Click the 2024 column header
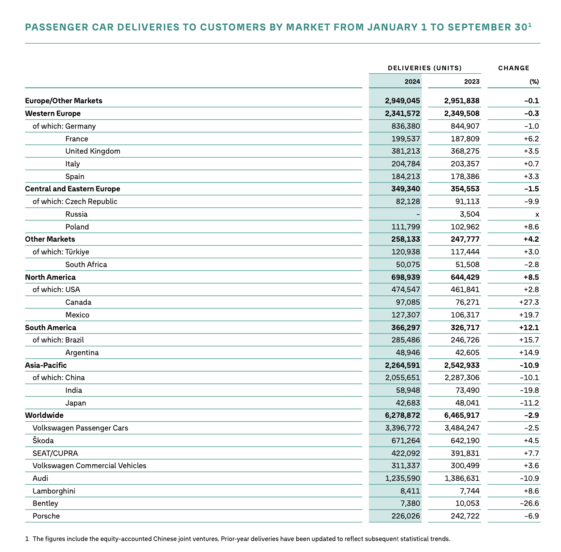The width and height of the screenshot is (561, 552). click(x=412, y=82)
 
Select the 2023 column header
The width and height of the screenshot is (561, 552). click(x=472, y=82)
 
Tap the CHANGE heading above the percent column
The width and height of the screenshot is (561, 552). click(x=514, y=68)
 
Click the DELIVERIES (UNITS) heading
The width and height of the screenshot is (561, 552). click(x=424, y=68)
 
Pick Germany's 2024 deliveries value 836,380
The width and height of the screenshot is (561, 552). click(x=403, y=126)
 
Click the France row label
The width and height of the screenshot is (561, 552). click(x=77, y=139)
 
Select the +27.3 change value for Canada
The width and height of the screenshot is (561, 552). click(x=529, y=302)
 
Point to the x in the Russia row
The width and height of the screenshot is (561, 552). click(x=537, y=214)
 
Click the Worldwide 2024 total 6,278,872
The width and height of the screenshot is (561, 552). click(x=403, y=415)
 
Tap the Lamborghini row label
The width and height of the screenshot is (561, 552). click(x=54, y=491)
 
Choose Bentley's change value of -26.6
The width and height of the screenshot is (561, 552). click(x=529, y=503)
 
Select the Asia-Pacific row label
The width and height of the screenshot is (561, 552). click(x=46, y=365)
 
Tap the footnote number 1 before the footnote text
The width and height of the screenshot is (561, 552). click(x=27, y=539)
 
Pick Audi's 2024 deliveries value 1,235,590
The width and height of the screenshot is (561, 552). click(x=403, y=478)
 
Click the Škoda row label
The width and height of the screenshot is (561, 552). click(x=43, y=441)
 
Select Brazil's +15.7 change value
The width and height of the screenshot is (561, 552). click(x=529, y=340)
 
